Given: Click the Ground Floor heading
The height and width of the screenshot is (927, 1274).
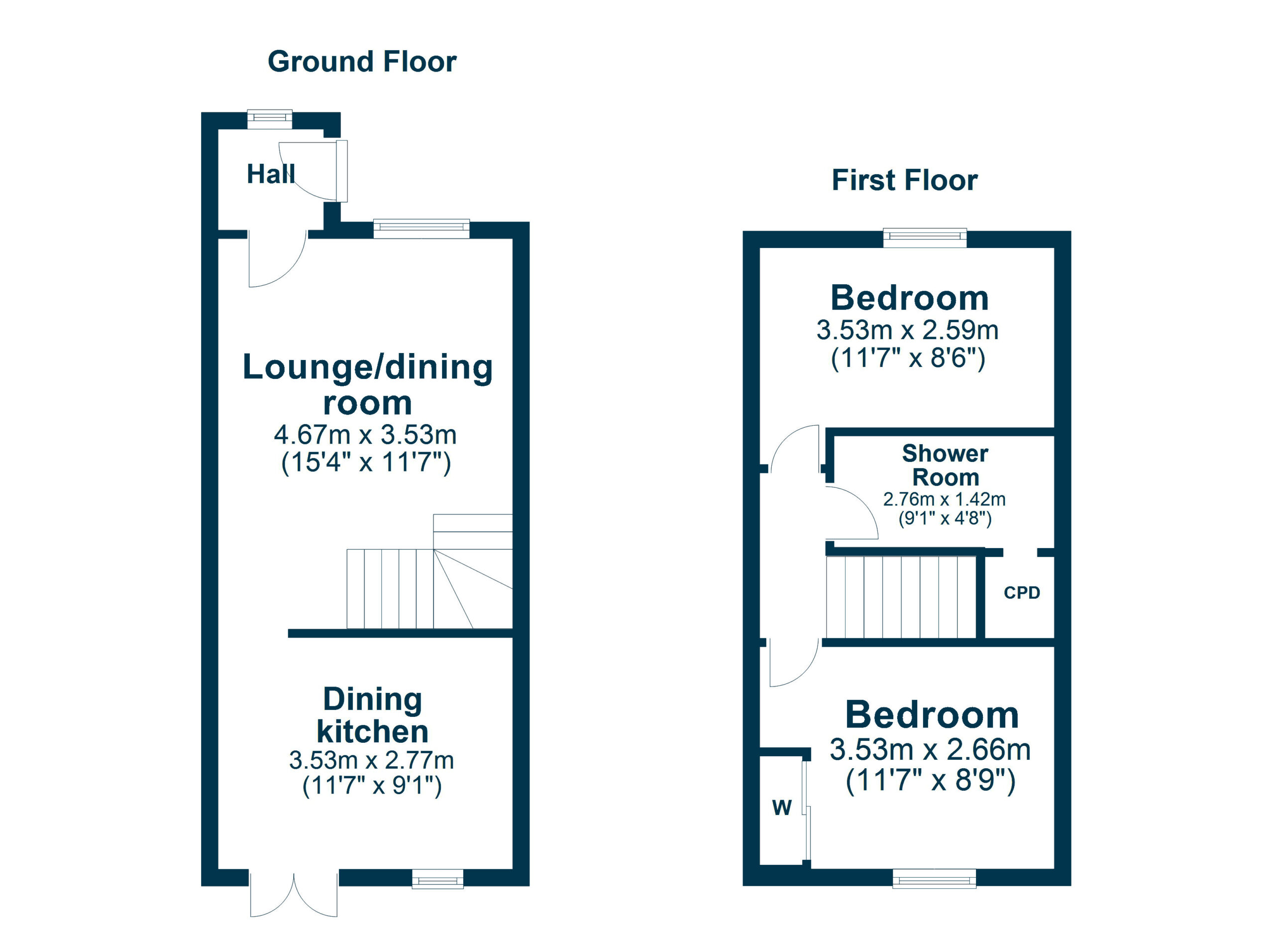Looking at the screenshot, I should point(362,62).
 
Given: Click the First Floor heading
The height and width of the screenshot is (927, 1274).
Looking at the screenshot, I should point(904,180).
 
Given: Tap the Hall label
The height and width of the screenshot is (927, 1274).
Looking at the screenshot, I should point(271,174).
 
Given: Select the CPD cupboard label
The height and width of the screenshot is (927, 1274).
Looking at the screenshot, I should point(1022,593).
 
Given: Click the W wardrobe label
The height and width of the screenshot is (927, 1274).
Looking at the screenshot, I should point(782,808).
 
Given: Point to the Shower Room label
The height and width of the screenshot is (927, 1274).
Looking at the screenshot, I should point(945,465).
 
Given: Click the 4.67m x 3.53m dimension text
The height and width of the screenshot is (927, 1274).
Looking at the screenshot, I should point(365,435).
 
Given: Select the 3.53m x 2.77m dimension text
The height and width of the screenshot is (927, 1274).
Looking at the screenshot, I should point(371,760).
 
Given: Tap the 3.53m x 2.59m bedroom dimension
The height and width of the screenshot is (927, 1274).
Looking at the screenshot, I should point(907,330).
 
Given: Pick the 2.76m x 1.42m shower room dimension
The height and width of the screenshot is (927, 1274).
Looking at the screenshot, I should point(944,499).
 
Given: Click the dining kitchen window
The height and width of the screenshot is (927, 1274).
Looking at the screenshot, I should point(437,878).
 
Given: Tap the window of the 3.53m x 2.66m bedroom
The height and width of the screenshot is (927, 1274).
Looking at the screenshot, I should point(934,878).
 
